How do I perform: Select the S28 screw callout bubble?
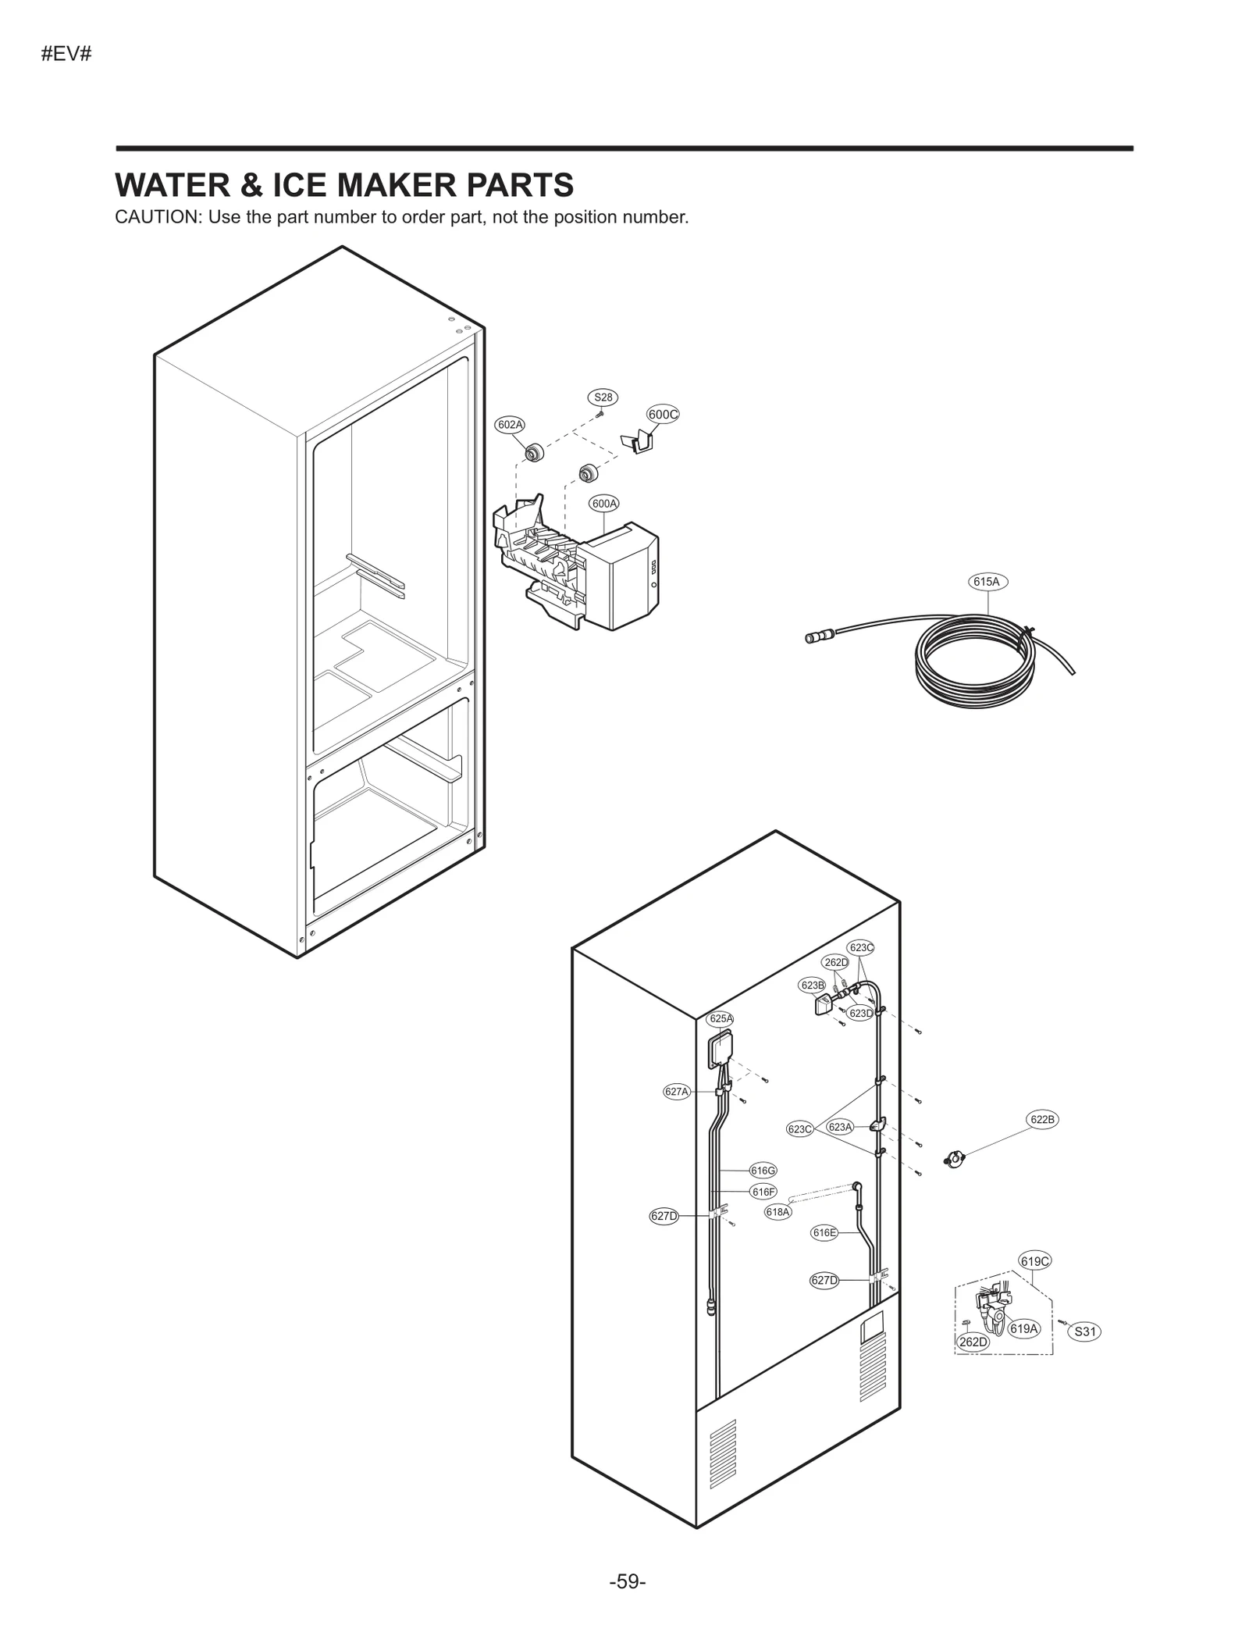[603, 397]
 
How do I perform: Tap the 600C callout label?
[663, 414]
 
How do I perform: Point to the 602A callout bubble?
[510, 424]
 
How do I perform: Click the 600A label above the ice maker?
[604, 504]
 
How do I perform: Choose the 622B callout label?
[1042, 1120]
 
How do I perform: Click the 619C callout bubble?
[1035, 1260]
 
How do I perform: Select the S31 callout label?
[1084, 1331]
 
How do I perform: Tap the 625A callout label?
[721, 1018]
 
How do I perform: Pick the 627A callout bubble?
[677, 1092]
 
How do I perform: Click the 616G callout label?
[763, 1170]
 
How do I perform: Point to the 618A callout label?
[778, 1212]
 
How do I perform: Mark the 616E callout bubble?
[824, 1232]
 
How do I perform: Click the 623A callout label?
[840, 1127]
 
